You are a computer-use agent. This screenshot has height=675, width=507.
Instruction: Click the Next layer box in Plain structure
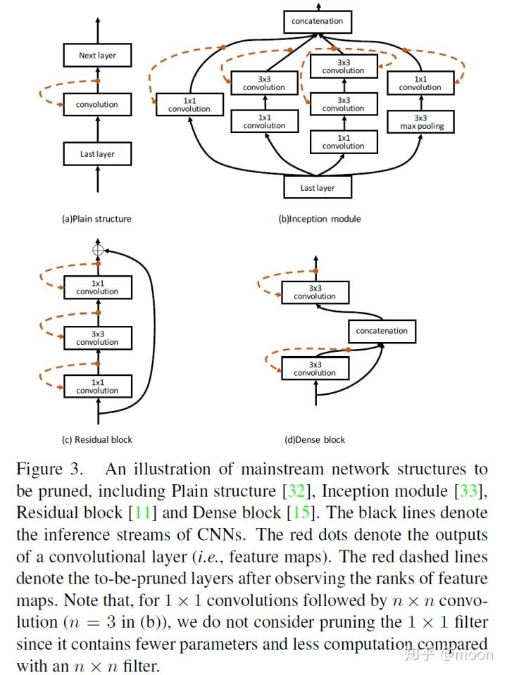pos(97,55)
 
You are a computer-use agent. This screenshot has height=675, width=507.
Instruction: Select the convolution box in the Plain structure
pos(97,105)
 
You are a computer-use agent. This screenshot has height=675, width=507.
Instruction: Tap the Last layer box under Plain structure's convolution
pos(97,154)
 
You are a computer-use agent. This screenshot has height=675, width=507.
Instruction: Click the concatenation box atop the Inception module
pos(318,21)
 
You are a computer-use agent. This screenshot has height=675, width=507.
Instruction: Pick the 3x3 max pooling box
pos(420,122)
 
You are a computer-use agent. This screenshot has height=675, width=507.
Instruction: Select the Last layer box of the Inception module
pos(318,188)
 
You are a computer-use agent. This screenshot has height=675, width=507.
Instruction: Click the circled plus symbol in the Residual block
pos(97,250)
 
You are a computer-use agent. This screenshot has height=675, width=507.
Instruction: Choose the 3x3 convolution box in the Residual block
pos(97,338)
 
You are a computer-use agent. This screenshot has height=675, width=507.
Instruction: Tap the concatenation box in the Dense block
pos(382,331)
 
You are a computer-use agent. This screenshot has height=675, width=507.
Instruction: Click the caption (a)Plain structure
pos(96,219)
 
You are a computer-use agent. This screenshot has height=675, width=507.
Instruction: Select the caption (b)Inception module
pos(320,219)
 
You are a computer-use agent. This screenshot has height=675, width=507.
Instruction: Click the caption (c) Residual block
pos(97,440)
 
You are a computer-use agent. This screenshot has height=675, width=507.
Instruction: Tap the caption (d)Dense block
pos(315,440)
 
